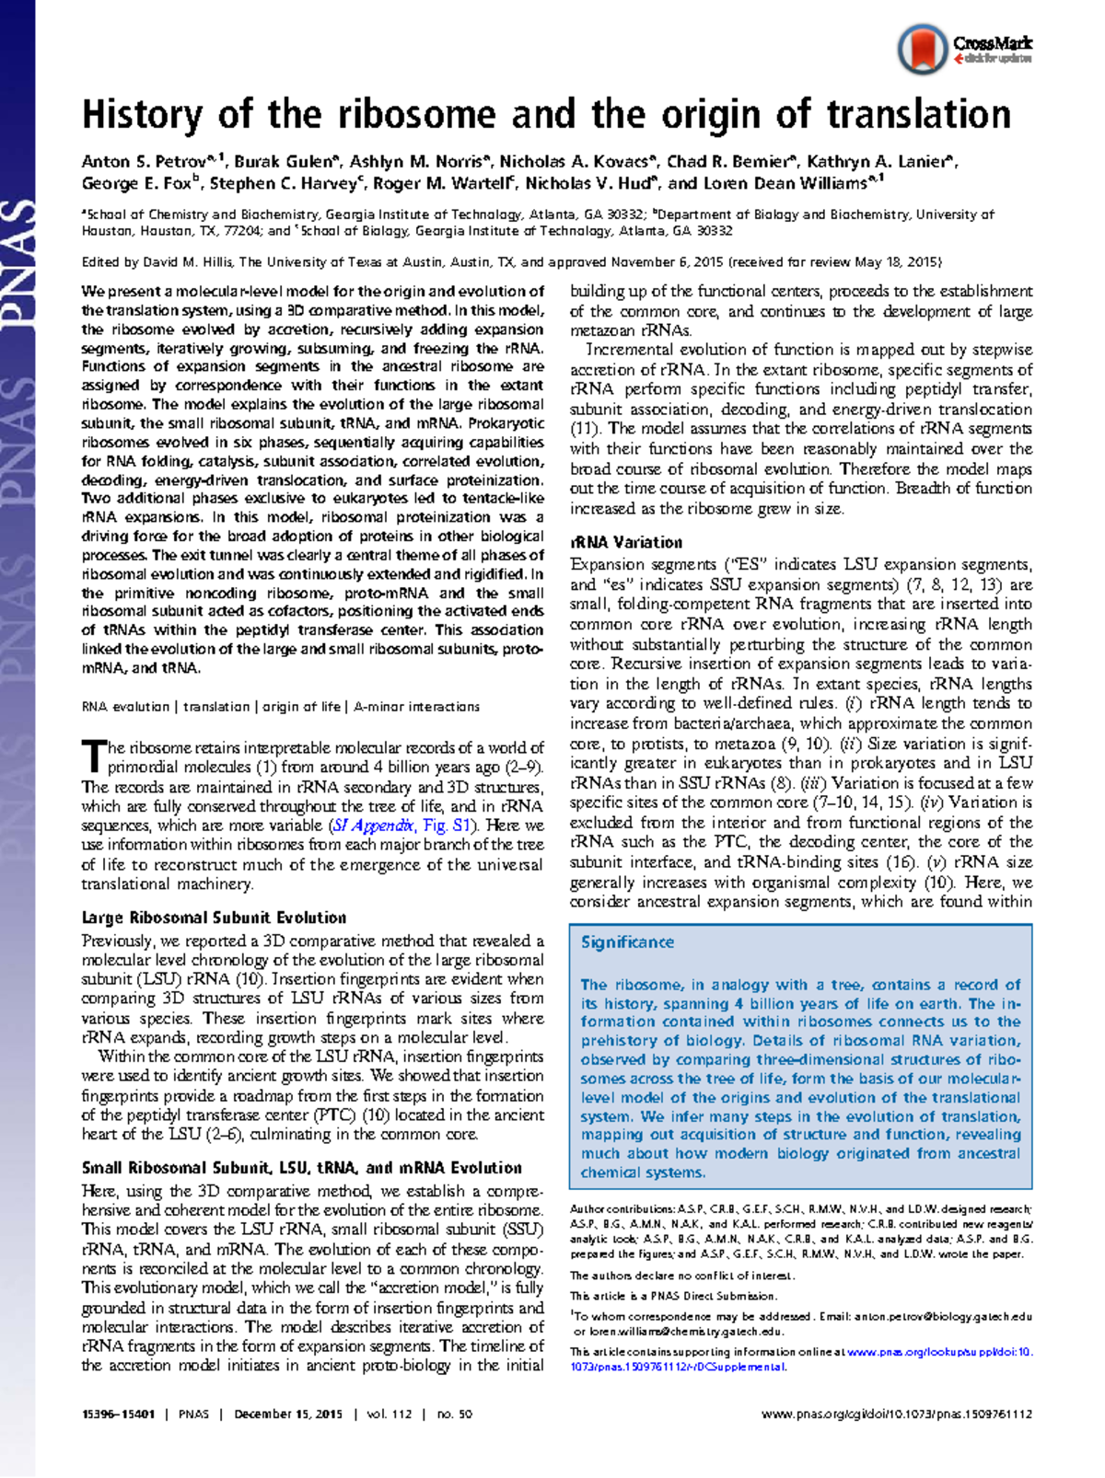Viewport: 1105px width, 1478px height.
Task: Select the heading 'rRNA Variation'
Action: click(626, 542)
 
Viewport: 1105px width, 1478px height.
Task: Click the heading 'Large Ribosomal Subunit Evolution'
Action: click(214, 918)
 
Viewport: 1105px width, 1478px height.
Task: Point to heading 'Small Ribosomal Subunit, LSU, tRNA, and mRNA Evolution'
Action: click(301, 1168)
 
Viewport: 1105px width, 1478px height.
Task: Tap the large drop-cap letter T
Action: click(93, 756)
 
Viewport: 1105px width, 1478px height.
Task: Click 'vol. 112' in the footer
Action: click(389, 1414)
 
